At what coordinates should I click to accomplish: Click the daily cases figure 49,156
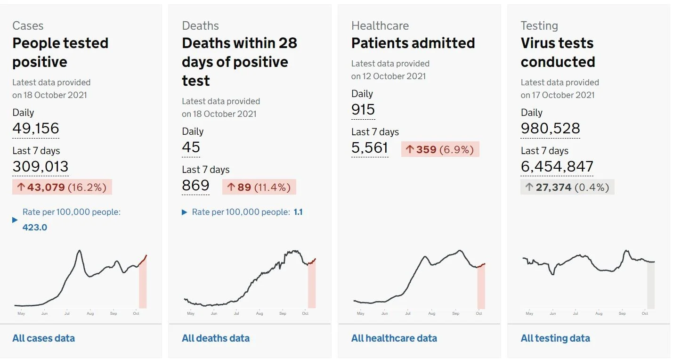36,128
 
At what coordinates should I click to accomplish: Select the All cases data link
44,338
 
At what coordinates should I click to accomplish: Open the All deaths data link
216,338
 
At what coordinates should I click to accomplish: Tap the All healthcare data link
394,338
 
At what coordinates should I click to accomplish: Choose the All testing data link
555,338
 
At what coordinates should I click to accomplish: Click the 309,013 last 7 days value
41,166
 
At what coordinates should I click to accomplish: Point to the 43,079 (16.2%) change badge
62,187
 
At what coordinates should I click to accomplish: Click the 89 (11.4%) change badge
259,187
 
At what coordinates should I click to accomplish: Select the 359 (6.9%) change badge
440,149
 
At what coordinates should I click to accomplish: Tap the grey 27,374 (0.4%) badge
568,187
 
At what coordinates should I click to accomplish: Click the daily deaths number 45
191,147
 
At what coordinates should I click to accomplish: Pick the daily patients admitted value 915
363,109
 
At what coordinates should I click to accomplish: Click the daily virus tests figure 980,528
551,128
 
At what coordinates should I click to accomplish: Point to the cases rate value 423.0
35,227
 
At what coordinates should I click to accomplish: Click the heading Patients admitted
413,43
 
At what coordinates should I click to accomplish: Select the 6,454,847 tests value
557,166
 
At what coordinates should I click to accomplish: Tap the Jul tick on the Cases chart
67,313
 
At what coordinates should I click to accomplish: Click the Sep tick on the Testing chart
622,313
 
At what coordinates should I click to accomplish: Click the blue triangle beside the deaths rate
185,213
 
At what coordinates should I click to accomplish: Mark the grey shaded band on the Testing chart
651,285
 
